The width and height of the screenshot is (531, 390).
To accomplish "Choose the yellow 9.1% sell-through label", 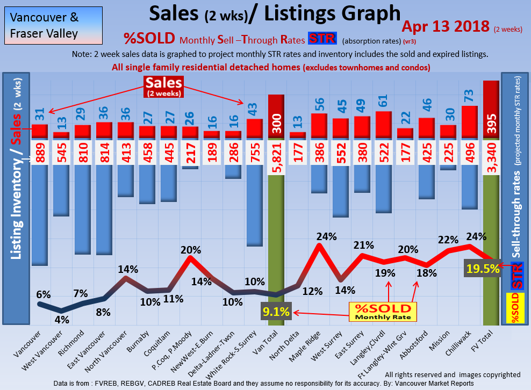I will [276, 311].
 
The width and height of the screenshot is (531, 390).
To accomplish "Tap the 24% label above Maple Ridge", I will [326, 236].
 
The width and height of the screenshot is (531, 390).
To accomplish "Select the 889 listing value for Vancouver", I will [39, 152].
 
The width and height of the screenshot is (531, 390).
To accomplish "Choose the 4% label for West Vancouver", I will [62, 319].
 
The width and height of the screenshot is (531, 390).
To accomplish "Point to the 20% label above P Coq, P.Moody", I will [190, 250].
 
